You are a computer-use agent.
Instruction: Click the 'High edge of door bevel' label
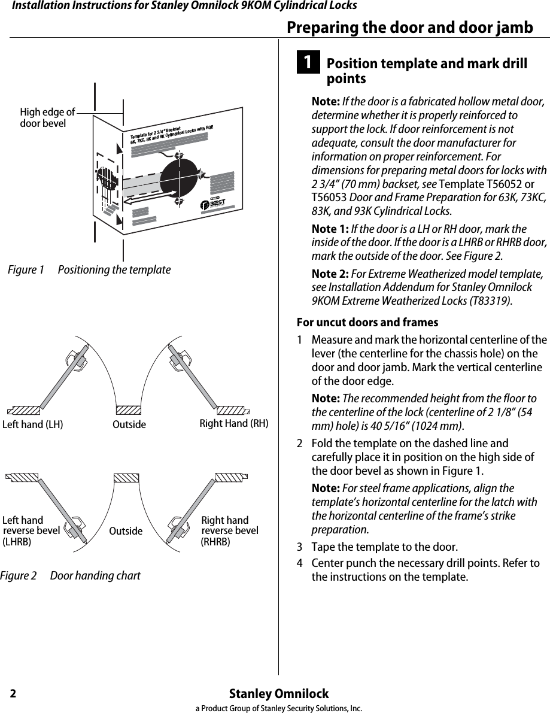point(47,117)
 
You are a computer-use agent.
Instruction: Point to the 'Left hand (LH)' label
point(33,424)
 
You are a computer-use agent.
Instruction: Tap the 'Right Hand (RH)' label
point(234,424)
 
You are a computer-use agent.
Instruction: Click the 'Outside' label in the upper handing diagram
point(129,424)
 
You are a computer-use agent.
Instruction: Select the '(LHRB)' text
point(17,542)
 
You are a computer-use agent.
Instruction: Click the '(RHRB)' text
point(215,542)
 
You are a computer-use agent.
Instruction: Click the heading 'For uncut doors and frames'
point(363,323)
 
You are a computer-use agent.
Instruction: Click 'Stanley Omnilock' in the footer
point(279,694)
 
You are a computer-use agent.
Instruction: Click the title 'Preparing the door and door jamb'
point(409,28)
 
